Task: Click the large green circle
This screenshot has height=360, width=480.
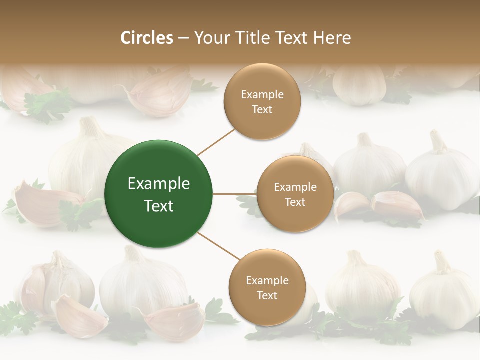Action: (x=158, y=194)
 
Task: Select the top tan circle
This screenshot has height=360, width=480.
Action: (x=262, y=101)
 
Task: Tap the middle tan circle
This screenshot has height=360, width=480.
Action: (x=295, y=194)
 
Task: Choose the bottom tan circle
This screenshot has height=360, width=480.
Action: (x=267, y=287)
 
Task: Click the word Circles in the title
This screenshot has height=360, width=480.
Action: (x=146, y=38)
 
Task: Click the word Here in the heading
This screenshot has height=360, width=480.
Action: (x=332, y=38)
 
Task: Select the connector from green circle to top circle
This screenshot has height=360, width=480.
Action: (x=216, y=142)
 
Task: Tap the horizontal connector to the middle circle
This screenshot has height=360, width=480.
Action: (x=234, y=194)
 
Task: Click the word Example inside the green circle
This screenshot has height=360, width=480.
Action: (x=158, y=183)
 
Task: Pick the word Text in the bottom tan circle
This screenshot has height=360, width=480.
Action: (x=267, y=295)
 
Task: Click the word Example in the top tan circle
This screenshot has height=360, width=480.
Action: (x=262, y=94)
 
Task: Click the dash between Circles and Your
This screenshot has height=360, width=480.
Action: (x=183, y=38)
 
